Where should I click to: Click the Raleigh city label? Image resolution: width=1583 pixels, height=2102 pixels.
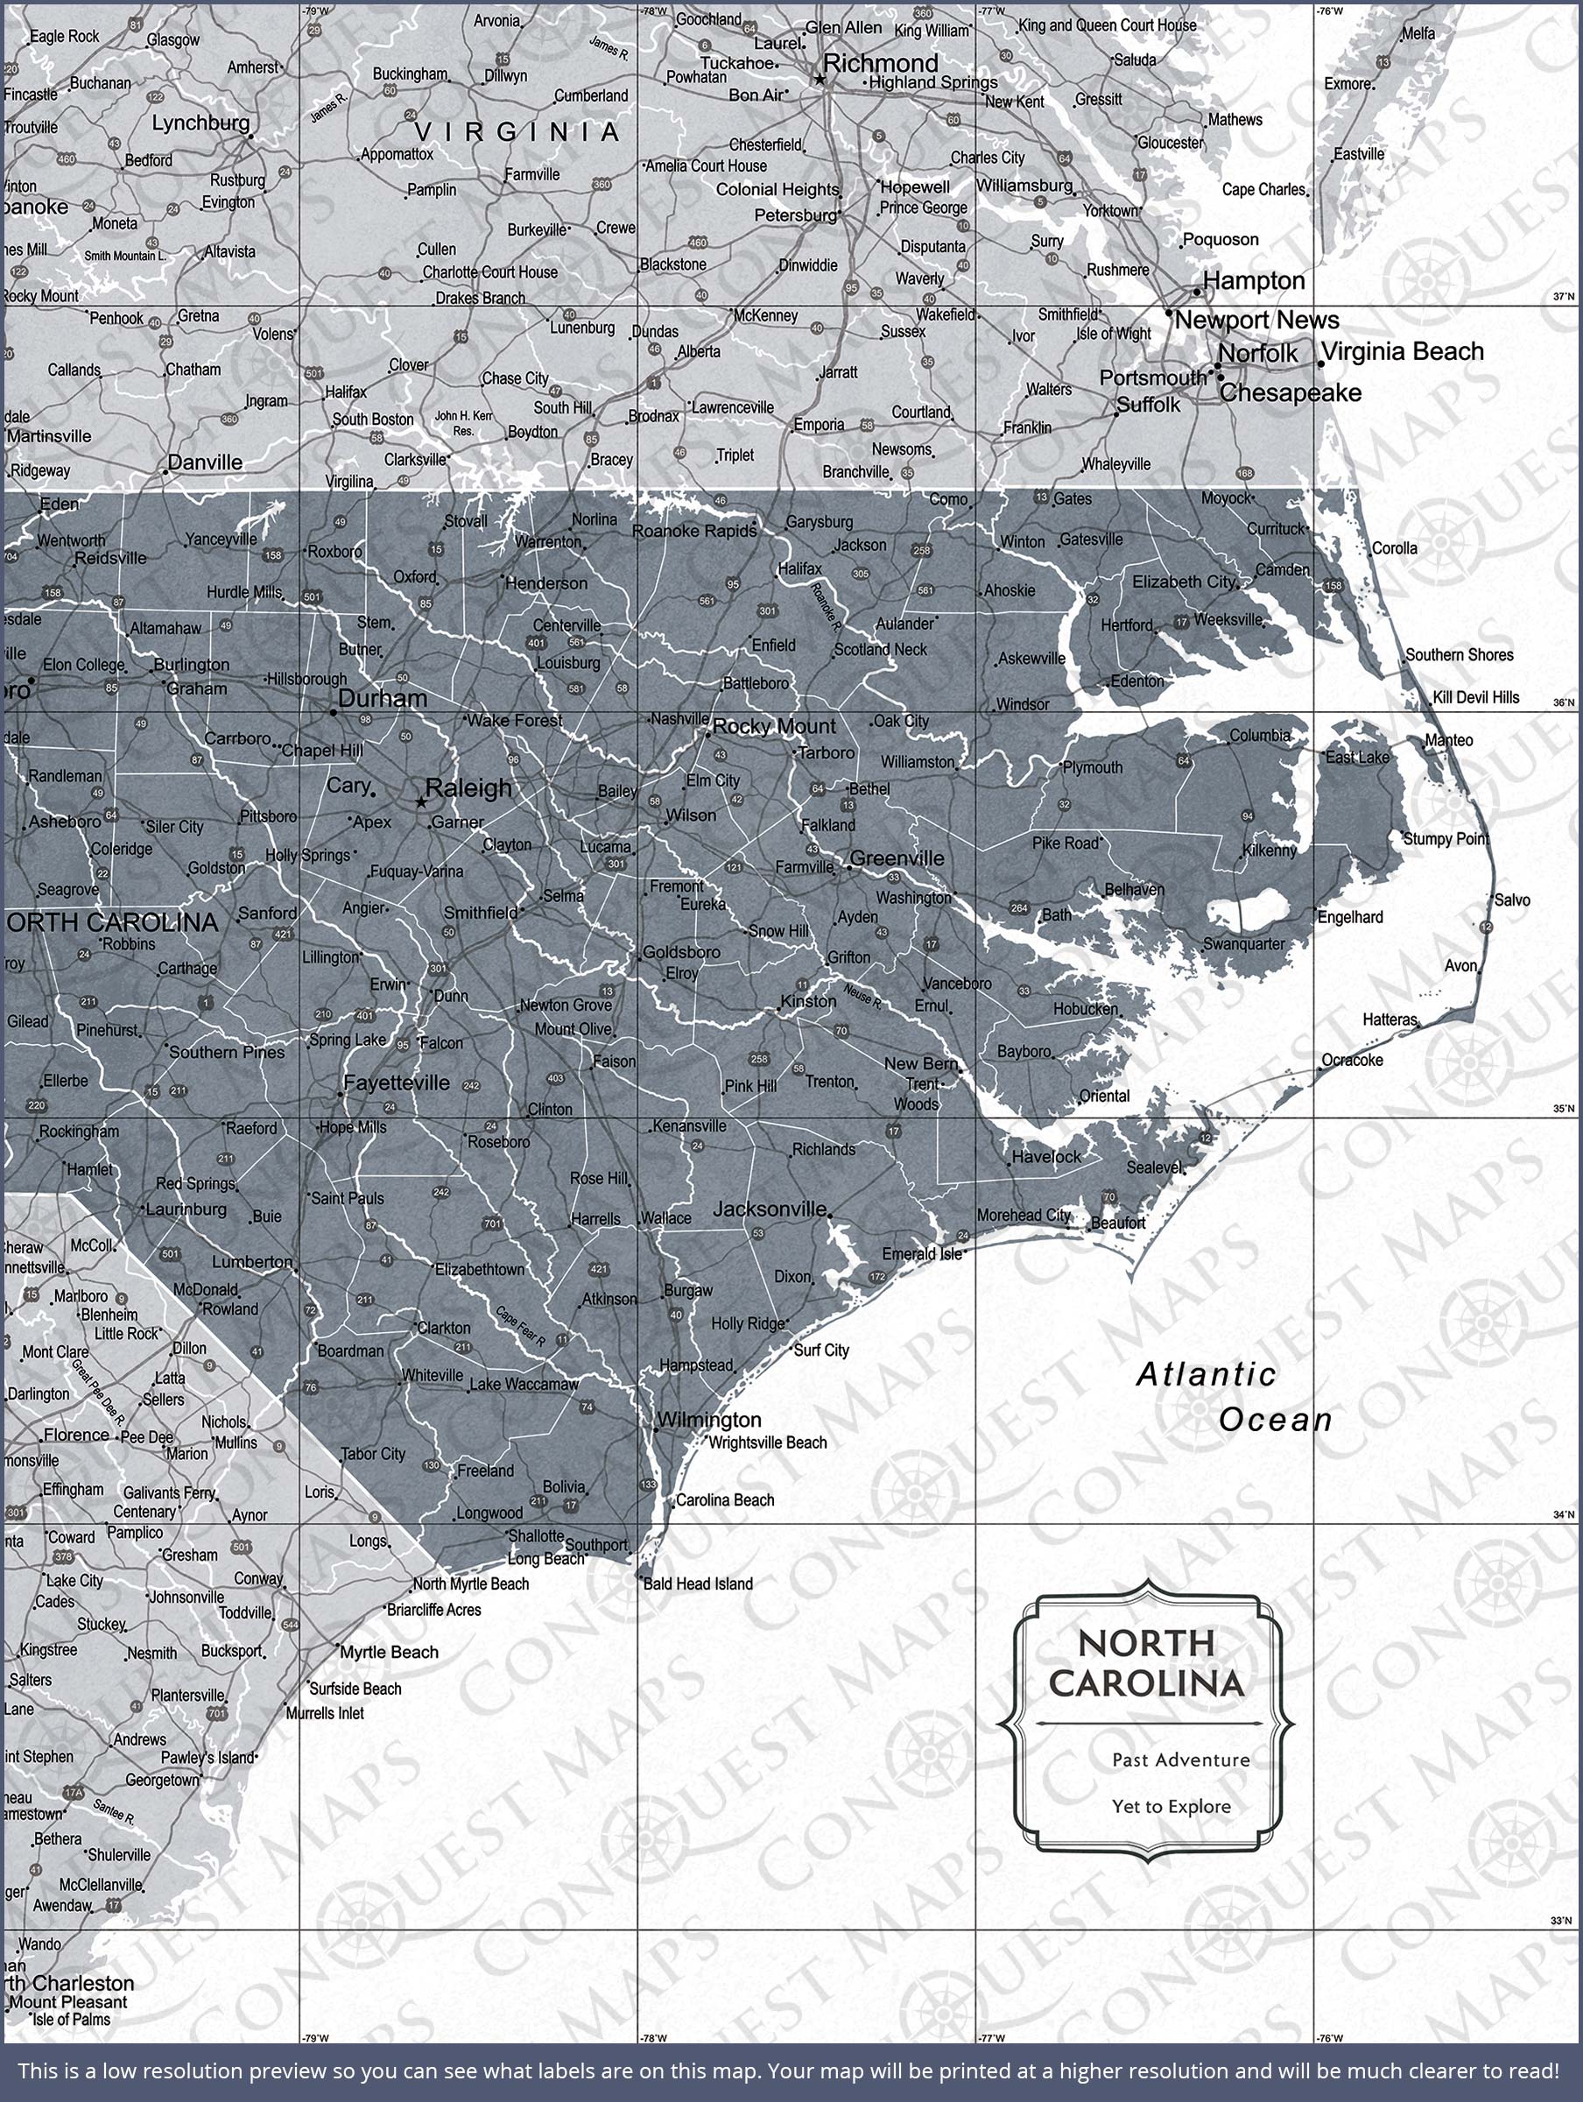click(468, 787)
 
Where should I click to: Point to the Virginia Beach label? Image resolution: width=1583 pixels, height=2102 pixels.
click(1403, 351)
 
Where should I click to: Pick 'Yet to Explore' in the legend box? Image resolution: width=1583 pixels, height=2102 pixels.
click(1171, 1807)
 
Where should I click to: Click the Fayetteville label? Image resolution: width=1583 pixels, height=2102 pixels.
click(397, 1083)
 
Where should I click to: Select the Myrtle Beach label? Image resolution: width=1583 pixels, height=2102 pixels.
click(390, 1653)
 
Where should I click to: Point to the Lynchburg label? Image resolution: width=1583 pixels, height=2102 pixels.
click(201, 123)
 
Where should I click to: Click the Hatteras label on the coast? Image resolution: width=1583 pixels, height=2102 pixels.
click(1390, 1019)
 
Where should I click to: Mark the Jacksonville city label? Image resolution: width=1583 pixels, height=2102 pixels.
click(770, 1209)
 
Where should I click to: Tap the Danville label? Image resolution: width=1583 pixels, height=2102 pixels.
click(204, 462)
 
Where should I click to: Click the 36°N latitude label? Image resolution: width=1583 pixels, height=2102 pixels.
click(1563, 703)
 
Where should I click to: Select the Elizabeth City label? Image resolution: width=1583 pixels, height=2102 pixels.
click(1183, 582)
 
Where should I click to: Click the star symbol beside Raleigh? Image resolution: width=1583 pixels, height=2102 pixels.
click(421, 802)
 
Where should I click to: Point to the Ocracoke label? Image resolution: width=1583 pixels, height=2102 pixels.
click(1352, 1060)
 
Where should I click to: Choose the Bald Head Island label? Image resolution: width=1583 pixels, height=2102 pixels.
click(698, 1584)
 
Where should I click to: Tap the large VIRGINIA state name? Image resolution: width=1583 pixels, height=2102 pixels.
click(517, 131)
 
